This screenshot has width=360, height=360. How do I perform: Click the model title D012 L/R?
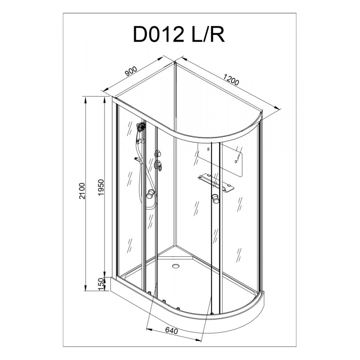pyautogui.click(x=179, y=35)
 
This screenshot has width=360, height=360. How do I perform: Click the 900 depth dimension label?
pyautogui.click(x=131, y=71)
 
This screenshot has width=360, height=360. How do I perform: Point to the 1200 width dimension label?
pyautogui.click(x=231, y=79)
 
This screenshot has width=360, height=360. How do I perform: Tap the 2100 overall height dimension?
pyautogui.click(x=82, y=191)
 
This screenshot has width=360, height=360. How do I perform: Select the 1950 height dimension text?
pyautogui.click(x=101, y=188)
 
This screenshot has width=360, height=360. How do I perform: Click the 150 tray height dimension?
pyautogui.click(x=101, y=284)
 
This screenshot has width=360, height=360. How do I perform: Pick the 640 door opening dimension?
pyautogui.click(x=172, y=331)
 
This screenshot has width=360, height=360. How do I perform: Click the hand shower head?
pyautogui.click(x=141, y=127)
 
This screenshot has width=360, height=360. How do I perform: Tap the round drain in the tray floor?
pyautogui.click(x=176, y=266)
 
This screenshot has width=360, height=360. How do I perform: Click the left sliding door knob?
pyautogui.click(x=150, y=194)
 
